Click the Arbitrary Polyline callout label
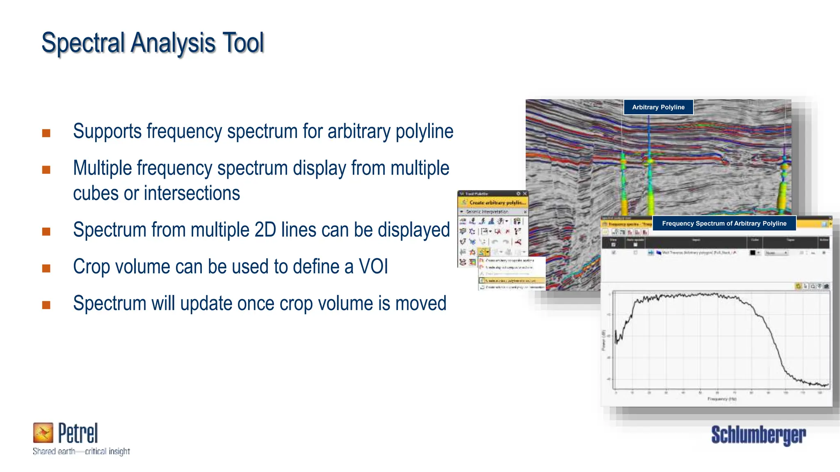point(658,107)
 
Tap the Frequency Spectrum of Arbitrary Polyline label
point(724,224)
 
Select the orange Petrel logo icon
point(43,433)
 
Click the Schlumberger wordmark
point(758,435)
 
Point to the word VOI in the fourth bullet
point(373,267)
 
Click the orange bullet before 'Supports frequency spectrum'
point(46,133)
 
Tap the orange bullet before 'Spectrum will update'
point(46,305)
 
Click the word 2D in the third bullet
point(265,230)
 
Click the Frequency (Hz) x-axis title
point(722,399)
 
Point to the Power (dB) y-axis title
point(603,340)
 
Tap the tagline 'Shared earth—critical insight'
point(81,452)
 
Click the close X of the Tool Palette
point(525,193)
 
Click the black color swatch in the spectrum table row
point(752,253)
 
